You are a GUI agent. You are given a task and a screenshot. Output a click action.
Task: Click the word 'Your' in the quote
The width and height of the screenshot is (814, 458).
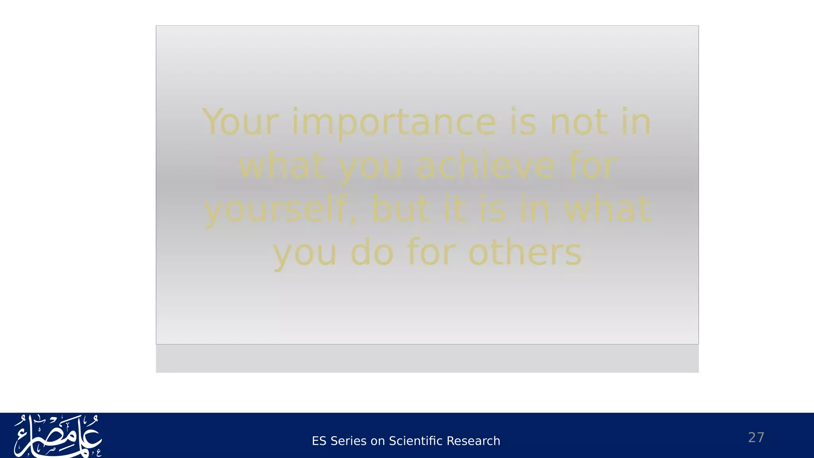[240, 122]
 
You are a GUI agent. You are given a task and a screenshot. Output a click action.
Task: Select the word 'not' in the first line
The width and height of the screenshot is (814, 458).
[579, 122]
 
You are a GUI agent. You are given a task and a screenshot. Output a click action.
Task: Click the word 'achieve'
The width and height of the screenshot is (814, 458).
[485, 166]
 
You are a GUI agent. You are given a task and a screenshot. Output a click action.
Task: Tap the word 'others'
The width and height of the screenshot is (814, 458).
[525, 252]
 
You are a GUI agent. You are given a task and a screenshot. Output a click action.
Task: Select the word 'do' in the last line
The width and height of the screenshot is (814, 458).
[372, 252]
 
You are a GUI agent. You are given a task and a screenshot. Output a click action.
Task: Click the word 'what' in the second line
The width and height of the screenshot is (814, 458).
[281, 166]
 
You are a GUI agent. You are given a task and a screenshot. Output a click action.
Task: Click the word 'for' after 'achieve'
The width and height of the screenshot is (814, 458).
[592, 166]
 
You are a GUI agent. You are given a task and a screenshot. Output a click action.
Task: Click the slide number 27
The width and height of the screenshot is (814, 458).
[756, 437]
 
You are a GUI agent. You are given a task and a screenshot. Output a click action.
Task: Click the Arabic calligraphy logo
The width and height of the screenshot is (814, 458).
[58, 436]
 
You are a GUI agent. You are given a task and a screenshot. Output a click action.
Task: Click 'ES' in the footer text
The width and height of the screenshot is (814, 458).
[319, 441]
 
